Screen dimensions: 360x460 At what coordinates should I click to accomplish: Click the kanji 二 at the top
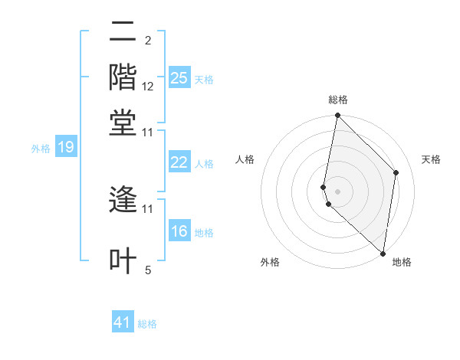(x=123, y=32)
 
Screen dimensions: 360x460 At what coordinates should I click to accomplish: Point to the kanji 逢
(x=123, y=201)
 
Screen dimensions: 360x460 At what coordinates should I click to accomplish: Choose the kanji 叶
(x=123, y=260)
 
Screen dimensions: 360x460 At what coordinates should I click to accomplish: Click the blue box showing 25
(x=179, y=77)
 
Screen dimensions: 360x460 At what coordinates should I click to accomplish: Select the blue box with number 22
(x=179, y=162)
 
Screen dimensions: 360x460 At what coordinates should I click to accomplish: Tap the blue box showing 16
(x=179, y=231)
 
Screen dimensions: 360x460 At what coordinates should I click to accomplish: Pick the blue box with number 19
(x=65, y=148)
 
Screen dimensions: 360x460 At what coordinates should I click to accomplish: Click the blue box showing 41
(x=123, y=322)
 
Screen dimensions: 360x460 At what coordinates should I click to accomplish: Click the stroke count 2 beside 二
(x=148, y=41)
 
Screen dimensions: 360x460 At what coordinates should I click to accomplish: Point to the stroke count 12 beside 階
(x=148, y=87)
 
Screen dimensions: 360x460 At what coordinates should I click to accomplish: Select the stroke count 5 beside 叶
(x=148, y=270)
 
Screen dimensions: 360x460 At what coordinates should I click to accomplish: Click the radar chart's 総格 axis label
(x=338, y=100)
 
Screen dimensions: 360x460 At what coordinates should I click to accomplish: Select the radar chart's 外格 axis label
(x=270, y=262)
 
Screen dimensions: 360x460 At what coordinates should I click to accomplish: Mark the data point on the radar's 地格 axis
(x=383, y=253)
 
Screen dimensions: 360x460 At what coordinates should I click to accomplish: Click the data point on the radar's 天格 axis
(x=396, y=172)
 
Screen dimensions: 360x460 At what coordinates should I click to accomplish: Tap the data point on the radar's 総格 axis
(x=337, y=116)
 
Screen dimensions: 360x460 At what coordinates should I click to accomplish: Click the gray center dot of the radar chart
(x=337, y=191)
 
